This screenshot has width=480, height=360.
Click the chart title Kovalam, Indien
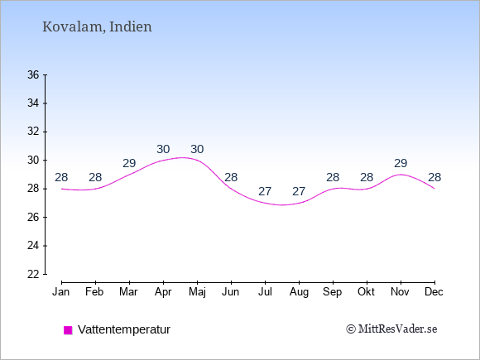pos(97,26)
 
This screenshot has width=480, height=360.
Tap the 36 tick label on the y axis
pos(33,74)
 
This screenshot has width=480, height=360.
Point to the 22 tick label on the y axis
pos(33,274)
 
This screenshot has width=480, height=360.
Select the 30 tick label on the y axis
pos(33,160)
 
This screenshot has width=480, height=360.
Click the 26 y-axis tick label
pos(33,218)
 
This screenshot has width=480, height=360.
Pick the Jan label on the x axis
pos(61,292)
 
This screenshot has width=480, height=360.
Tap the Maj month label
pos(197,292)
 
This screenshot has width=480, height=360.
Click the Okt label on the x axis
pos(366,292)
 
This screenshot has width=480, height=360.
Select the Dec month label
pos(434,292)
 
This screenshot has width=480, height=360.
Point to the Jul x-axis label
pos(265,292)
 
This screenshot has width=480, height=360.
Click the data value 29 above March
pos(129,163)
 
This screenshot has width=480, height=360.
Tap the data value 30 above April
pos(163,149)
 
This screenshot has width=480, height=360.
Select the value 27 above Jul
pos(265,191)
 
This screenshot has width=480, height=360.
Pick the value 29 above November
pos(401,163)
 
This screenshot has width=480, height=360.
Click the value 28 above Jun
pos(231,177)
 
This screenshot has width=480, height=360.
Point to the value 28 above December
pos(434,177)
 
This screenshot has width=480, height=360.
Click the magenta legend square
pos(68,330)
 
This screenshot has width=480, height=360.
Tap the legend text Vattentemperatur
pos(124,329)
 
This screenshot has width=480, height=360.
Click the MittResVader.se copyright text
pos(391,329)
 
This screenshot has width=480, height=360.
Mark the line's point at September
pos(333,189)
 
